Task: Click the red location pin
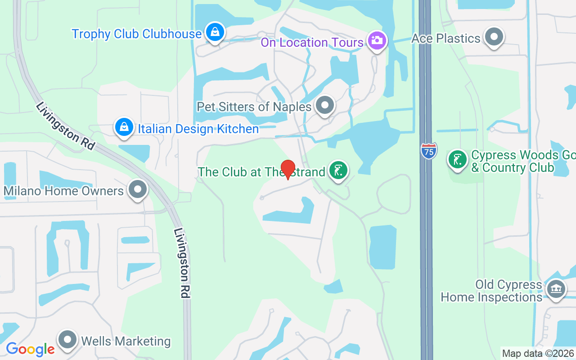pos(288,169)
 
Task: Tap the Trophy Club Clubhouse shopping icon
pos(216,32)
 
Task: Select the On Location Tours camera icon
pos(377,40)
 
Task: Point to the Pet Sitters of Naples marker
pos(325,105)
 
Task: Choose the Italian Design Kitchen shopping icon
pos(124,127)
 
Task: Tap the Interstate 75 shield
pos(429,150)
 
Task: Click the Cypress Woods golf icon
pos(458,159)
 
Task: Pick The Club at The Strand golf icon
pos(338,170)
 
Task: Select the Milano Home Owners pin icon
pos(138,189)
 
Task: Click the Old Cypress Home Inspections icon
pos(556,288)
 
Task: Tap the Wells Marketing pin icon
pos(68,340)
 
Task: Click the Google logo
pos(30,349)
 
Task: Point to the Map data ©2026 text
pos(538,354)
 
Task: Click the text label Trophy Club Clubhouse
pos(137,34)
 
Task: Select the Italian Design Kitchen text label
pos(198,129)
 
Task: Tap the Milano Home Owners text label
pos(63,191)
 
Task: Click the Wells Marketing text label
pos(126,342)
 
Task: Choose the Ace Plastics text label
pos(446,39)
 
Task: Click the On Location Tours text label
pos(312,43)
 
